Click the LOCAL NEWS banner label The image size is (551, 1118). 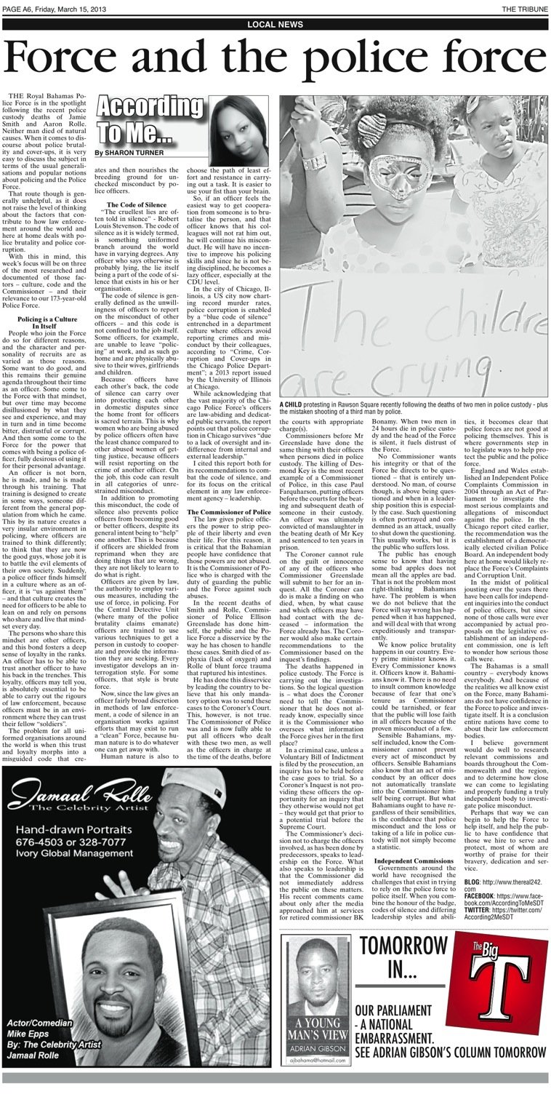tap(275, 25)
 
